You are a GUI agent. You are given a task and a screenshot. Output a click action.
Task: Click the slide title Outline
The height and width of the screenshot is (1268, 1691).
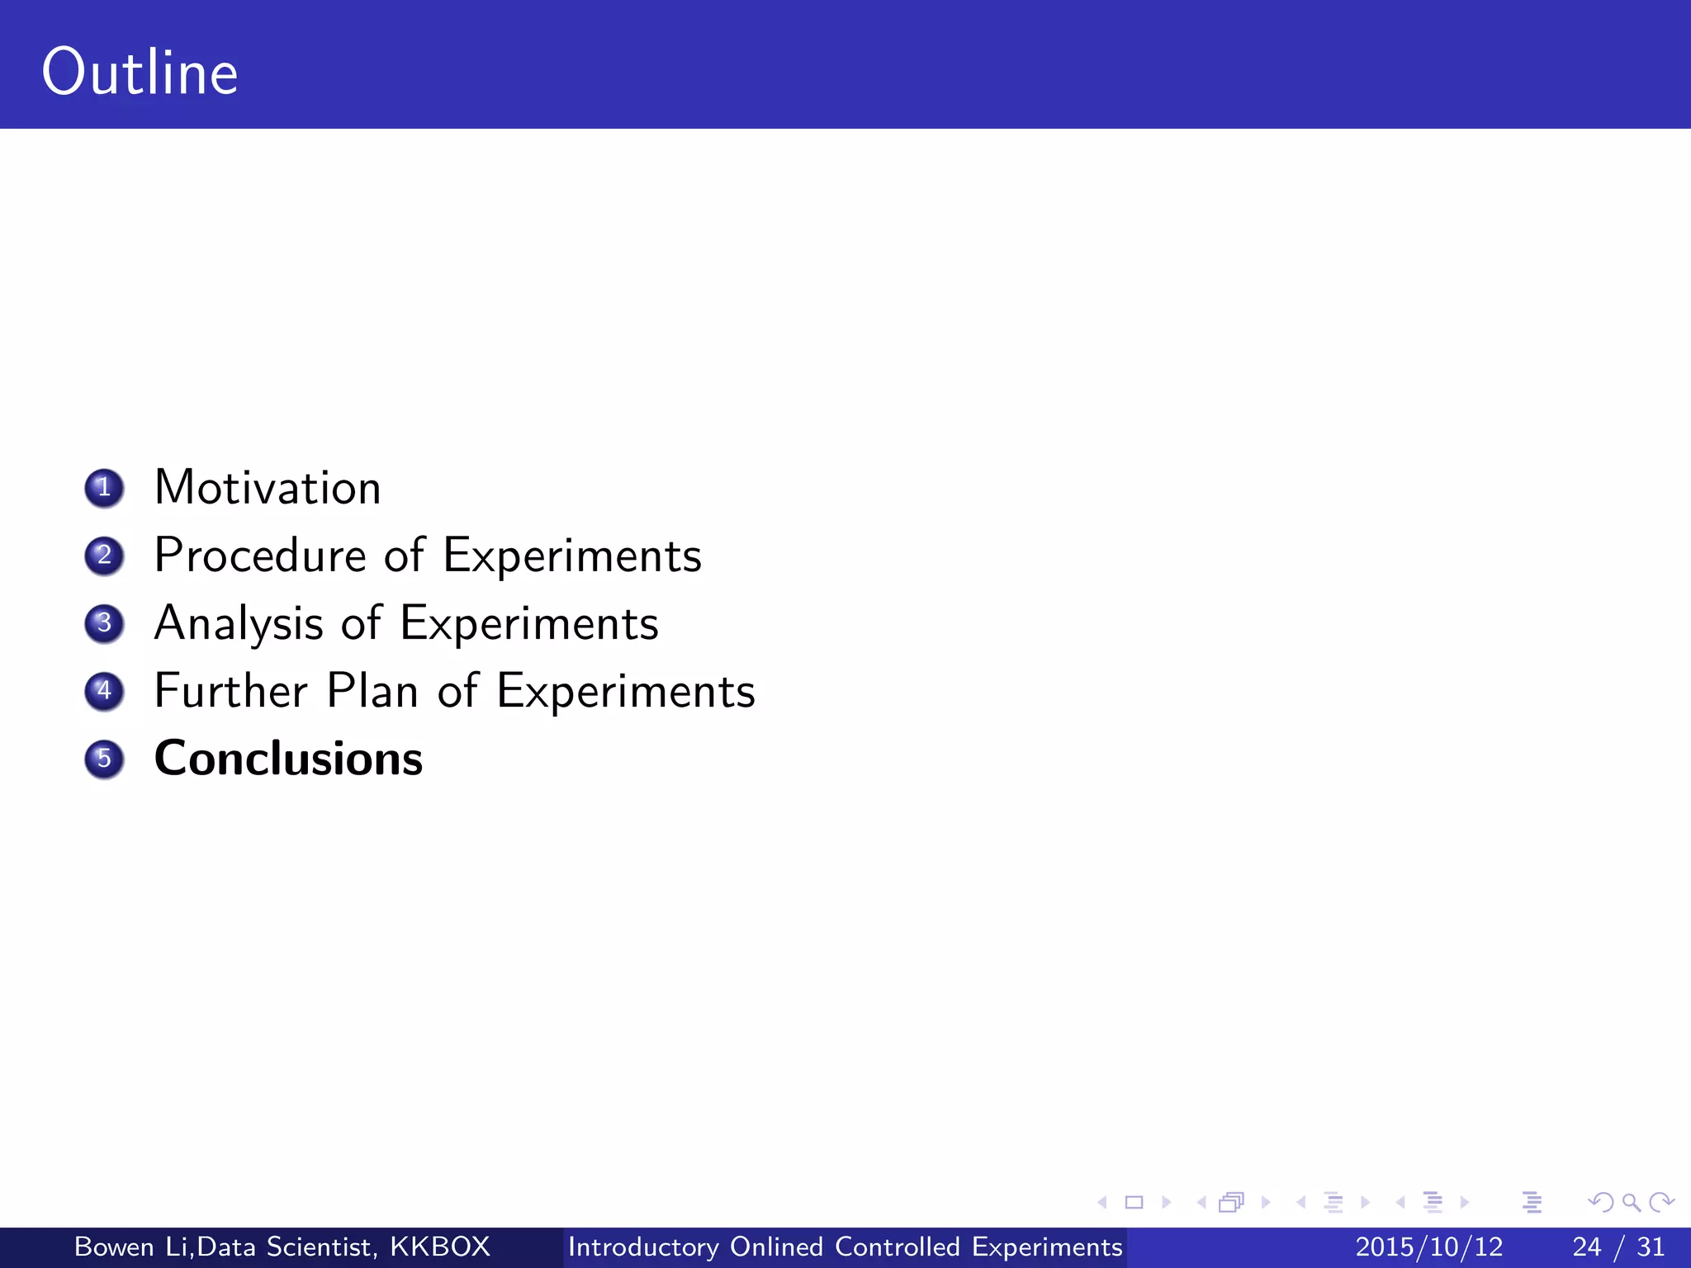click(x=140, y=73)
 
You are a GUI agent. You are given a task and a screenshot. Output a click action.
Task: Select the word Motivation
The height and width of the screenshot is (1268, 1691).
click(x=268, y=487)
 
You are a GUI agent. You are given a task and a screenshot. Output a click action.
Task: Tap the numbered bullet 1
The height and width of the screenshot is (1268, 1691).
click(x=104, y=488)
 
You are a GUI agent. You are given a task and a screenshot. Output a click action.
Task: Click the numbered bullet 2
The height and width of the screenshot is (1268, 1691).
click(x=104, y=556)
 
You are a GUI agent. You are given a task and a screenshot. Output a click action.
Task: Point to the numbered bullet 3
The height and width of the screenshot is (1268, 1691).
click(x=104, y=623)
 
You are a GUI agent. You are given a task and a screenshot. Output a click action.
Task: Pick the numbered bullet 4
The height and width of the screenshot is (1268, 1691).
click(x=104, y=691)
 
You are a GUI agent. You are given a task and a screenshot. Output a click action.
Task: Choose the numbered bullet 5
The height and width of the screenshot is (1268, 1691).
click(x=104, y=759)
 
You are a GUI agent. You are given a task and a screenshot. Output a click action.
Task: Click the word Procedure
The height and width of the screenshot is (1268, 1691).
click(x=260, y=556)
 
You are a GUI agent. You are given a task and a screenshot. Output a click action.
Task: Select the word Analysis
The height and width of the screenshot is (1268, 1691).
click(x=239, y=624)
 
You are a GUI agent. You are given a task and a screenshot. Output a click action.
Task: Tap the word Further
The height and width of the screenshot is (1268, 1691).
click(x=231, y=691)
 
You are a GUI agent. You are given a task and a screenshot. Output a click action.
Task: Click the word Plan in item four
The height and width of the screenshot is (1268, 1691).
click(x=372, y=691)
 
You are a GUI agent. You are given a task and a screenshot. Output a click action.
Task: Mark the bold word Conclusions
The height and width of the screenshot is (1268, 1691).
click(x=288, y=759)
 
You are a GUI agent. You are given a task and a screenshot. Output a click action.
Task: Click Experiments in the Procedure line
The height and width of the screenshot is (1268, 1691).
click(x=572, y=556)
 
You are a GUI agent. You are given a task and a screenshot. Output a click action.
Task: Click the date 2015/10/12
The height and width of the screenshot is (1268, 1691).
click(x=1429, y=1247)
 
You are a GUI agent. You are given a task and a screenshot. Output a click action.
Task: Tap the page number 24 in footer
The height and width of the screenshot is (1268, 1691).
click(x=1587, y=1247)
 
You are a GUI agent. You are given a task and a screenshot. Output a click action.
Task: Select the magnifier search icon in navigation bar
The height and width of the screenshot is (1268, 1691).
click(x=1631, y=1203)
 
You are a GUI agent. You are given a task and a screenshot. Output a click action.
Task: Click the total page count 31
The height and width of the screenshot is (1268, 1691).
click(x=1651, y=1247)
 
